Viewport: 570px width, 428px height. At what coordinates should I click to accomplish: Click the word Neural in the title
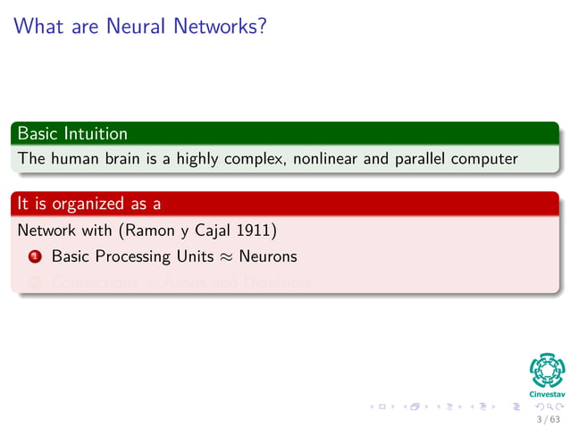[137, 27]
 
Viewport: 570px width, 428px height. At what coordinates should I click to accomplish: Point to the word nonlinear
[325, 160]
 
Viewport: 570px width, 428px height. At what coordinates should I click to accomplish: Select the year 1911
[258, 231]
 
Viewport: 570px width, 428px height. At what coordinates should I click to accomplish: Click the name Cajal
[218, 231]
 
